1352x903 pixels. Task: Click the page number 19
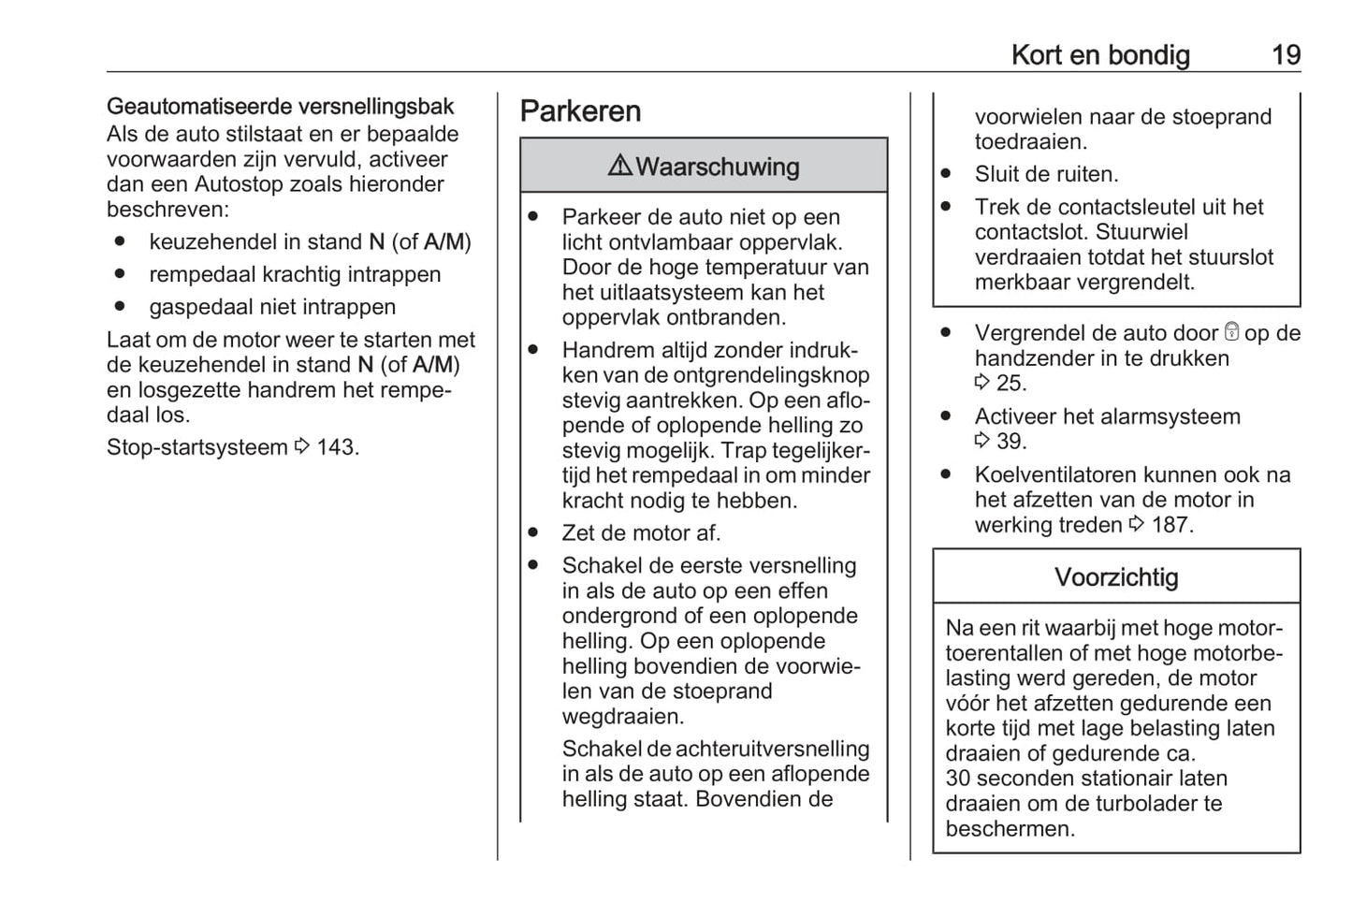(1286, 54)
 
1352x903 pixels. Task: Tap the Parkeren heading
(580, 111)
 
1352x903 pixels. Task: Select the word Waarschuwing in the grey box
(718, 167)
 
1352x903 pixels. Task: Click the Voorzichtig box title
(1116, 576)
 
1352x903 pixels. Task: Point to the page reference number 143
(337, 447)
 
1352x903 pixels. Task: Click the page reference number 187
(1171, 525)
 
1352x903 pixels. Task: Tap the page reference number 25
(1011, 383)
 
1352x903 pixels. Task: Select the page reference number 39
(1011, 441)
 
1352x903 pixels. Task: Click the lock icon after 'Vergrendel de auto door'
(1231, 332)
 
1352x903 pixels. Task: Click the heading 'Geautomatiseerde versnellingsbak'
(280, 107)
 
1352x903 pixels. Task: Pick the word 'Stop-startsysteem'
(196, 447)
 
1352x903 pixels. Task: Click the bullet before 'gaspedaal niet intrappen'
(120, 306)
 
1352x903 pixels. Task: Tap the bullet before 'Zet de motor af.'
(533, 532)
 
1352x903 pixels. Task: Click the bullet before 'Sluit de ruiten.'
(946, 174)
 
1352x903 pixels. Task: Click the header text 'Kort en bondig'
(1100, 54)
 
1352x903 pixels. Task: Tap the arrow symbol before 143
(301, 447)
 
